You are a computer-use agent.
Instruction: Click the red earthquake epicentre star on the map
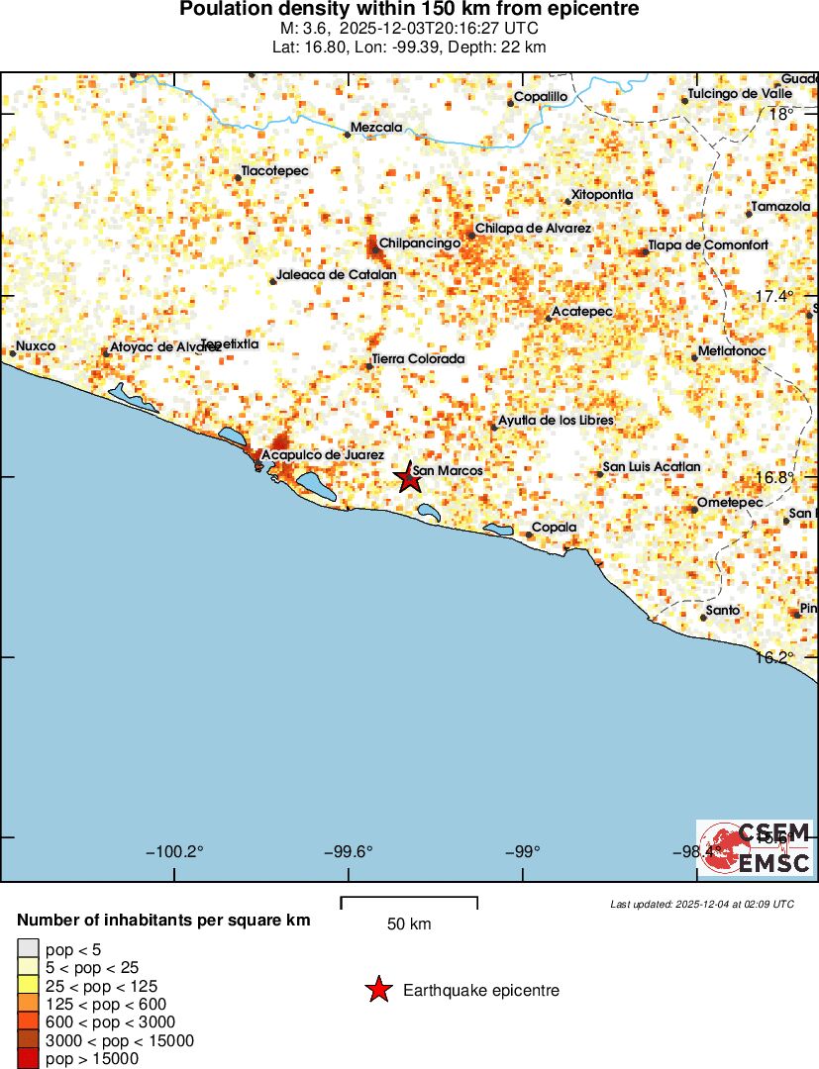(409, 479)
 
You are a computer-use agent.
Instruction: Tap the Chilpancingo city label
(421, 243)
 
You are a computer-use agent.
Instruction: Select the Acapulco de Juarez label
(322, 454)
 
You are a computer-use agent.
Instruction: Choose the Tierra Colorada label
(418, 359)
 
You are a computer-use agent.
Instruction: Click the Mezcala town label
(377, 128)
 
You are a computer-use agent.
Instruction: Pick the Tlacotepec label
(275, 171)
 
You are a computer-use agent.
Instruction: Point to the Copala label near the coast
(555, 528)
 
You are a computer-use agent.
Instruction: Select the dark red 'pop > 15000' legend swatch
(28, 1059)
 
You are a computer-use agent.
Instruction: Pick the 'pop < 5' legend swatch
(28, 950)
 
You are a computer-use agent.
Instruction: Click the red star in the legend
(377, 990)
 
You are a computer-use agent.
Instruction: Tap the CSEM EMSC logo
(755, 848)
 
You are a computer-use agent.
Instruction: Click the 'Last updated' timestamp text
(702, 904)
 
